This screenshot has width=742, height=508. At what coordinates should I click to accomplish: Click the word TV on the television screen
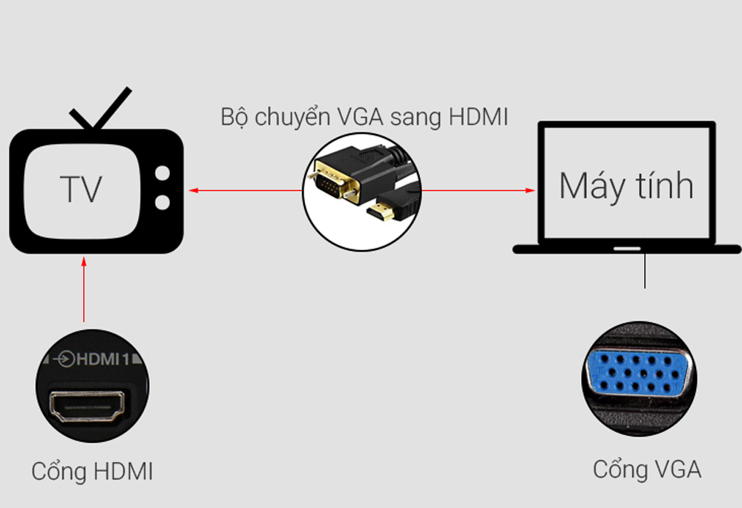pos(81,189)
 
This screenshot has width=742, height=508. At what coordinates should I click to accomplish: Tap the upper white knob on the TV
pos(162,175)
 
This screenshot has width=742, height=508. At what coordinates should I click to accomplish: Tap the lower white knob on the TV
pos(162,201)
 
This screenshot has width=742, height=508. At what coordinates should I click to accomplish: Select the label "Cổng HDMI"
pos(92,472)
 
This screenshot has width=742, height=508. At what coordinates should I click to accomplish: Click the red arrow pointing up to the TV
pos(84,289)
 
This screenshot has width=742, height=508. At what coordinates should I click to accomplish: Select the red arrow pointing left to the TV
pos(245,191)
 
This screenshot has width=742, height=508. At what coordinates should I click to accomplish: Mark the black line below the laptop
pos(645,271)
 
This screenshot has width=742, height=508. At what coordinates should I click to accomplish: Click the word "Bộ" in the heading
pos(234,117)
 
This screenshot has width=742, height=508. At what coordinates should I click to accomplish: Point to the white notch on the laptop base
pos(628,249)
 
